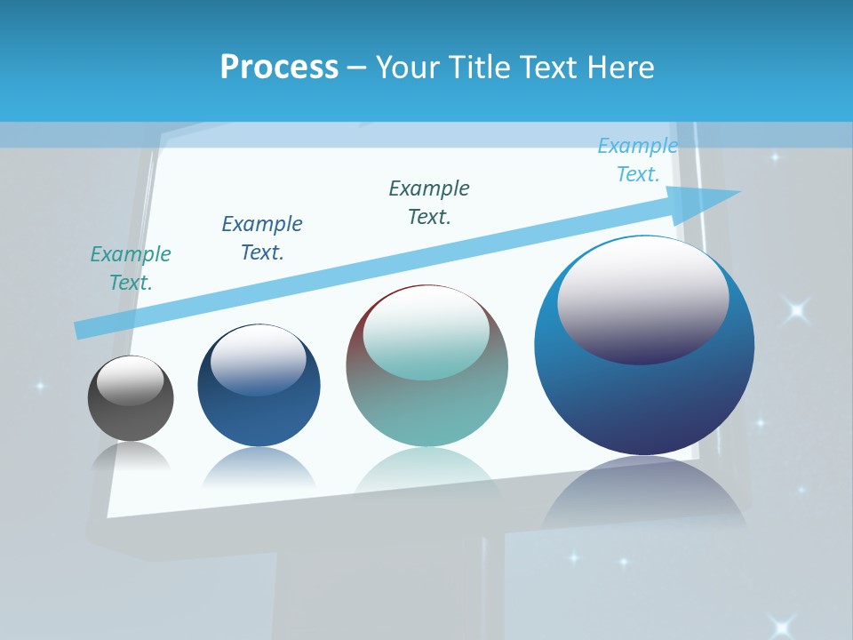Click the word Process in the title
click(x=279, y=67)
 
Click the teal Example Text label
click(x=131, y=268)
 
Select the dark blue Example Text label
click(x=262, y=238)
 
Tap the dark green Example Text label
click(x=429, y=203)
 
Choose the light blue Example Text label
click(x=638, y=160)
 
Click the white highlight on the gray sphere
click(x=131, y=380)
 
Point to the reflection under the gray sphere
click(x=131, y=457)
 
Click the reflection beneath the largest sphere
click(x=644, y=498)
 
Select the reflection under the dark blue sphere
click(x=259, y=467)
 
